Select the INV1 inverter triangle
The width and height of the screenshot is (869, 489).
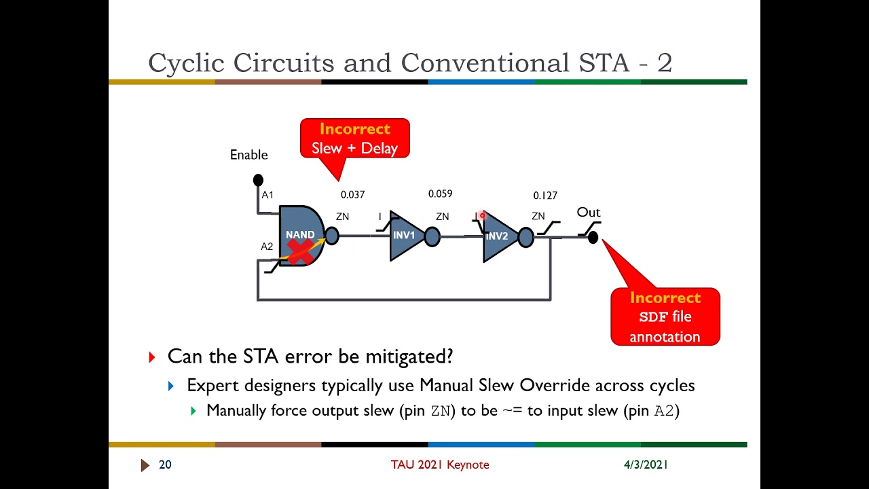click(405, 236)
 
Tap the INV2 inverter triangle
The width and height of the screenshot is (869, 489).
click(498, 237)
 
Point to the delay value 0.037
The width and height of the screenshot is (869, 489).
click(352, 195)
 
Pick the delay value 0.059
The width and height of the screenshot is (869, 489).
click(440, 194)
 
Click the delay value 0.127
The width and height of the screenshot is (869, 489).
click(545, 196)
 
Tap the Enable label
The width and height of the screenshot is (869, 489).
click(248, 155)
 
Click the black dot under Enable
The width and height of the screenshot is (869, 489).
click(258, 180)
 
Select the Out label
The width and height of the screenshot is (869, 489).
click(589, 213)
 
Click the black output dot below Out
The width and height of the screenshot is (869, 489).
click(593, 237)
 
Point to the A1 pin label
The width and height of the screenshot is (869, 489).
click(267, 195)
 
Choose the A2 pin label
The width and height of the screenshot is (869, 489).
click(267, 247)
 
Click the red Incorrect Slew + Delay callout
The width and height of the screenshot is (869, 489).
click(354, 139)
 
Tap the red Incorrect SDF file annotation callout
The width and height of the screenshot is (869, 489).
click(665, 317)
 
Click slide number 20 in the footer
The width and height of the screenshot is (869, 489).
click(165, 465)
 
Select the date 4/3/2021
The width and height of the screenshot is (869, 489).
click(646, 465)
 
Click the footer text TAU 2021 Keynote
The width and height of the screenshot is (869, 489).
click(439, 465)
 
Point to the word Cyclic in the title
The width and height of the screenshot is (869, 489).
click(187, 63)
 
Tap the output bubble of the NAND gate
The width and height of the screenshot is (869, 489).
click(331, 236)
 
